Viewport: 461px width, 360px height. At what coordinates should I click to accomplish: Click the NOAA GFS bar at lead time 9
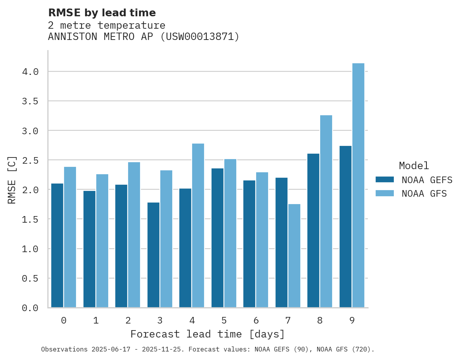(x=358, y=185)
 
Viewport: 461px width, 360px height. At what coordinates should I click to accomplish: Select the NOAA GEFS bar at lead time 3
(x=153, y=255)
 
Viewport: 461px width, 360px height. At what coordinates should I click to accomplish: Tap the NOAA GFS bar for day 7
(x=294, y=256)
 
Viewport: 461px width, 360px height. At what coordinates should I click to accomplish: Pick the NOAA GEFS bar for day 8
(x=313, y=230)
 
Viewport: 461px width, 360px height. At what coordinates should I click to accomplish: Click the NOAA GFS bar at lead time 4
(x=198, y=225)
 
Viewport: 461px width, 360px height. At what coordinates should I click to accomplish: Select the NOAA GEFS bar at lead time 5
(x=217, y=238)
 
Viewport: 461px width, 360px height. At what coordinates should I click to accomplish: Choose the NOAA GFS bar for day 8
(x=326, y=211)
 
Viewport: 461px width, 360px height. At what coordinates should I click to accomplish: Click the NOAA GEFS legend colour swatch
(x=385, y=180)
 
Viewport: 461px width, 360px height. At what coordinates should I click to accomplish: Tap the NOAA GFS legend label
(x=424, y=194)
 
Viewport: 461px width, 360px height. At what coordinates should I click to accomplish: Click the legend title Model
(x=414, y=166)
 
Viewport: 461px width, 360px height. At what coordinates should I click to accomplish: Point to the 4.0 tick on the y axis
(x=30, y=72)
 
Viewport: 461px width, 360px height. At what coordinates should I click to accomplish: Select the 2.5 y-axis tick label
(x=30, y=160)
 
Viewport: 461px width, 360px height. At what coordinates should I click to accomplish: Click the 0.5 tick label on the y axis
(x=30, y=279)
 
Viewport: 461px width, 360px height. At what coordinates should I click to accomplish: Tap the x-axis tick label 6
(x=256, y=320)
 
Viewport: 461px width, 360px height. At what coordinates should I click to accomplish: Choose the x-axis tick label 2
(x=128, y=320)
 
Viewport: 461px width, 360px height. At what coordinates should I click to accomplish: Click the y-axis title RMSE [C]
(x=12, y=180)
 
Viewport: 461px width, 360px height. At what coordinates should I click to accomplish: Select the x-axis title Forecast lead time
(x=208, y=334)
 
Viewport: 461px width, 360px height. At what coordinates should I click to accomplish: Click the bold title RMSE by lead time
(x=102, y=13)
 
